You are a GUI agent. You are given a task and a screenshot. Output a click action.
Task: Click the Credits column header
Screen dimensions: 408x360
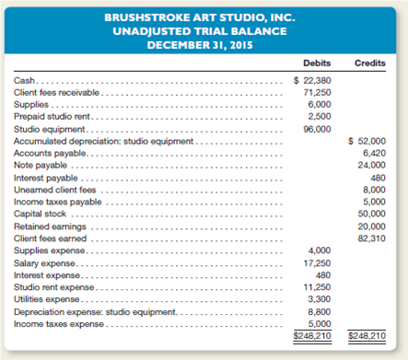point(370,63)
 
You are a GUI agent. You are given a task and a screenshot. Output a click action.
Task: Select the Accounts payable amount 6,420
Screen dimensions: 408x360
point(375,153)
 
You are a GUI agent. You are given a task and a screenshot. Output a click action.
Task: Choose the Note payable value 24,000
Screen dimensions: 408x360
point(373,165)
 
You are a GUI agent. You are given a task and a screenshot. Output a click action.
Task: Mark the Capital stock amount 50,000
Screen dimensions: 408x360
point(373,214)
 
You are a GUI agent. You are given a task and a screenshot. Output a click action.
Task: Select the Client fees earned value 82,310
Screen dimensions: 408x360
point(373,238)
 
